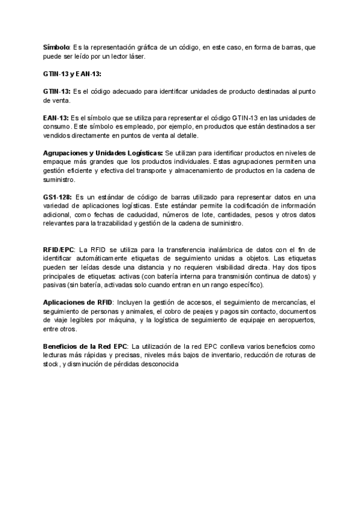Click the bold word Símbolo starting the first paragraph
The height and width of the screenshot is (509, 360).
pyautogui.click(x=56, y=46)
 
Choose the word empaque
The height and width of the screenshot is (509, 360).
pyautogui.click(x=58, y=161)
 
